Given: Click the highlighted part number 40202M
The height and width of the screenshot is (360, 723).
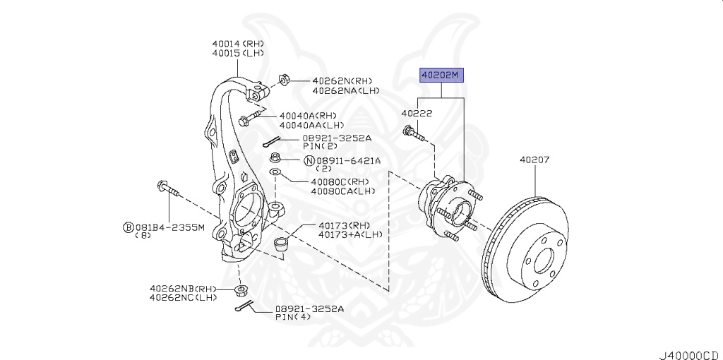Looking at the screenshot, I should tap(441, 74).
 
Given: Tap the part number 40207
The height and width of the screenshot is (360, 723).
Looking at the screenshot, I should tap(534, 160).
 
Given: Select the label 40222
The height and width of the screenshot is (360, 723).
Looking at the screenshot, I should tap(417, 113).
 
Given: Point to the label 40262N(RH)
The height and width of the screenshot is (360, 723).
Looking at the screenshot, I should tap(342, 80).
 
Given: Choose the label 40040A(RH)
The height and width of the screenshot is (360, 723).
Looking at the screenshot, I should tap(307, 116).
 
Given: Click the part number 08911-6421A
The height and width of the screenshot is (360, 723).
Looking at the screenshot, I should tap(348, 161).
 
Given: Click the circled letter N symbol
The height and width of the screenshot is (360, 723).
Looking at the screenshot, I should tap(309, 161).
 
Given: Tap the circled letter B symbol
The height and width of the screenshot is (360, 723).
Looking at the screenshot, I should tap(128, 227).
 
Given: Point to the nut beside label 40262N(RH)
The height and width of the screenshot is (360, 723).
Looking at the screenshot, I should tap(283, 78).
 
